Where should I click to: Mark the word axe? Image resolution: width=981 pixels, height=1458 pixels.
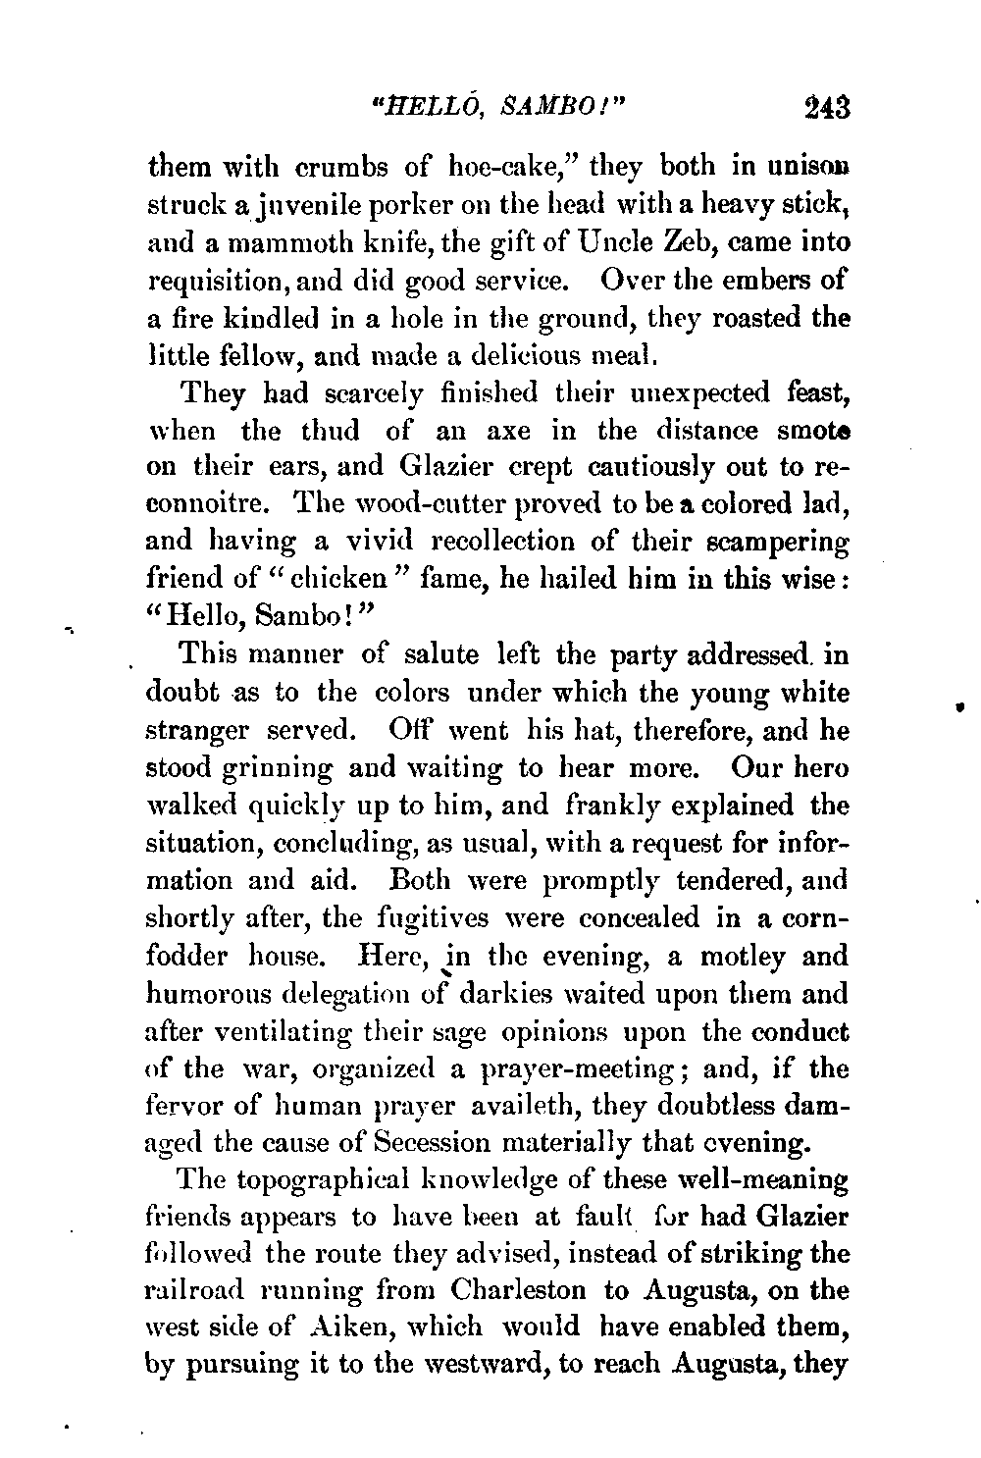coord(481,431)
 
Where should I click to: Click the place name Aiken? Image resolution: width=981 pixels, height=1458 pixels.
coord(377,1329)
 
